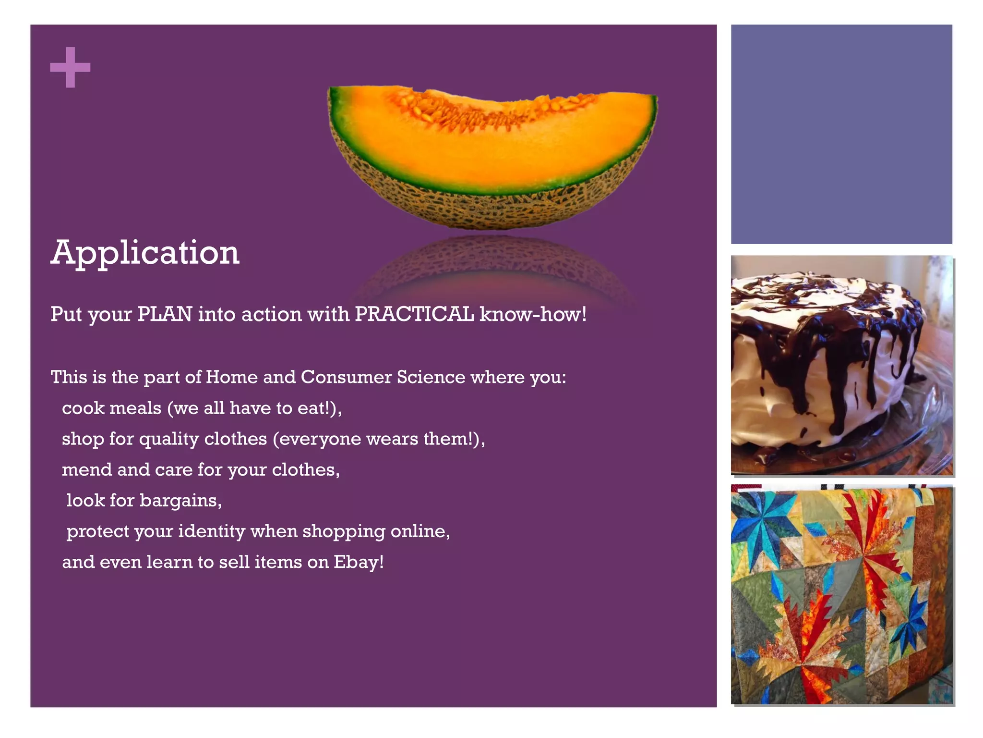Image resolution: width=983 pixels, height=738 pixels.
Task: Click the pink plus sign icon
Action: pyautogui.click(x=70, y=67)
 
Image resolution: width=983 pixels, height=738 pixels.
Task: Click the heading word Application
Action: pyautogui.click(x=145, y=253)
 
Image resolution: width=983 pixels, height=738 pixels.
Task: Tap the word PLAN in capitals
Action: pyautogui.click(x=165, y=314)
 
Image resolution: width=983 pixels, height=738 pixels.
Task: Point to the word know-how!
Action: pyautogui.click(x=533, y=314)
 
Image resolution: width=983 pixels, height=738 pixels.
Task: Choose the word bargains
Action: pyautogui.click(x=180, y=501)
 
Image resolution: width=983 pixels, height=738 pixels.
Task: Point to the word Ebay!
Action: pyautogui.click(x=359, y=562)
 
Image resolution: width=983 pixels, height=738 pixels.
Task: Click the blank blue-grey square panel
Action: pyautogui.click(x=841, y=135)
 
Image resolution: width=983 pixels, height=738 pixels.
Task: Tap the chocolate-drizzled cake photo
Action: pyautogui.click(x=841, y=365)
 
